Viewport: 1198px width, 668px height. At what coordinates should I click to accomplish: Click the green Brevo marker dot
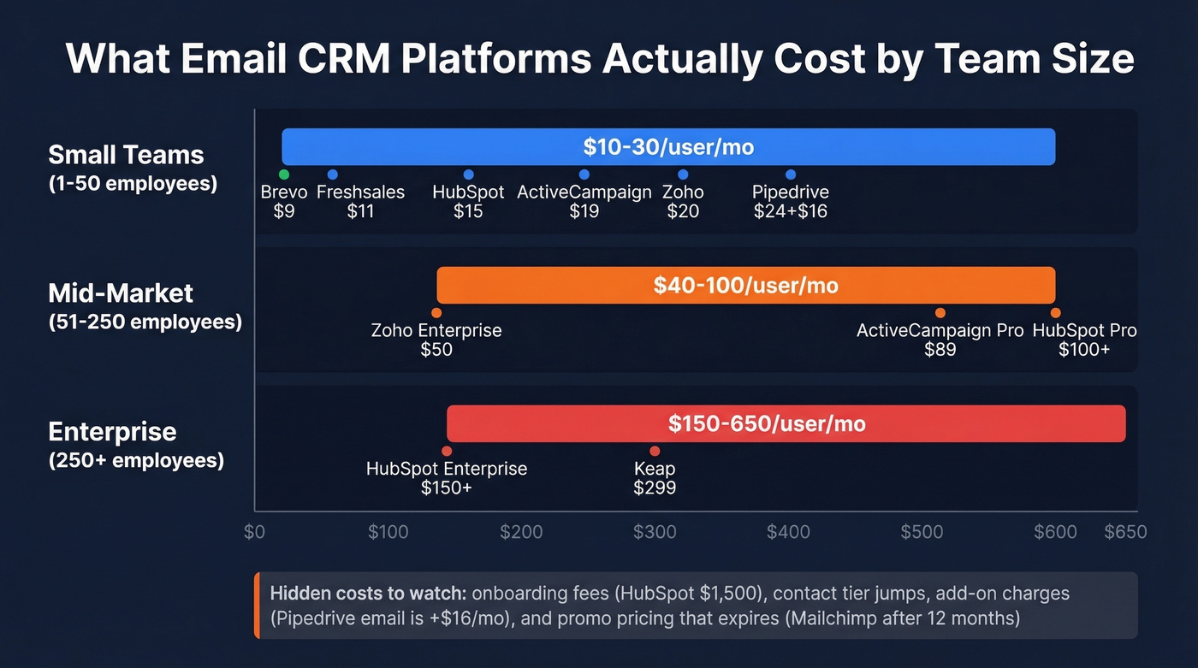click(284, 174)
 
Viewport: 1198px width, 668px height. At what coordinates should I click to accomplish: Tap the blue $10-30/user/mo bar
click(667, 146)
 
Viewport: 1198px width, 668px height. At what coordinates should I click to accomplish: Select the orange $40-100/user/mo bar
click(744, 285)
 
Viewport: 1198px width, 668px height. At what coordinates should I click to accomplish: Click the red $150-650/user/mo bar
click(785, 423)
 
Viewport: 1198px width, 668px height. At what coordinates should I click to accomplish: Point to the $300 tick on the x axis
click(655, 532)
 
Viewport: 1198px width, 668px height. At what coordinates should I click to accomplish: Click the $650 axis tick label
click(1124, 532)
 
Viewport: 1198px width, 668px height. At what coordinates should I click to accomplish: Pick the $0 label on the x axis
click(254, 532)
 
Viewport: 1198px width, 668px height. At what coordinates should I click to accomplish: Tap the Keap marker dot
click(655, 451)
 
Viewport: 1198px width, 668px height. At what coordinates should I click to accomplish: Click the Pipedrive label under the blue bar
click(790, 192)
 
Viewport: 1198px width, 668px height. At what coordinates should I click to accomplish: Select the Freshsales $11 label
click(360, 201)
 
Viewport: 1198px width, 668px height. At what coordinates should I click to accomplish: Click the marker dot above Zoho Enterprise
click(436, 313)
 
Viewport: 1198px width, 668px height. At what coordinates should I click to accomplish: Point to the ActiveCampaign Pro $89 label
click(940, 340)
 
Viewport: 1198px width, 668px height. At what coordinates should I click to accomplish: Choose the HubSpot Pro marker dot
click(1055, 313)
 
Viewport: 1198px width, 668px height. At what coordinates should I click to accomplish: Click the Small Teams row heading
click(126, 155)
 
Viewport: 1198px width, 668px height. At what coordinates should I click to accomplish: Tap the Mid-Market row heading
click(121, 293)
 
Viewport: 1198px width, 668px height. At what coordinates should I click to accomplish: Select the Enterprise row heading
click(112, 432)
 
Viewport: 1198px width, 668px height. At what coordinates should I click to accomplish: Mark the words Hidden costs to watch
click(368, 593)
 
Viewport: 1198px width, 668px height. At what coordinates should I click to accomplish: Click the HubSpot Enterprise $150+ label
click(446, 478)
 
